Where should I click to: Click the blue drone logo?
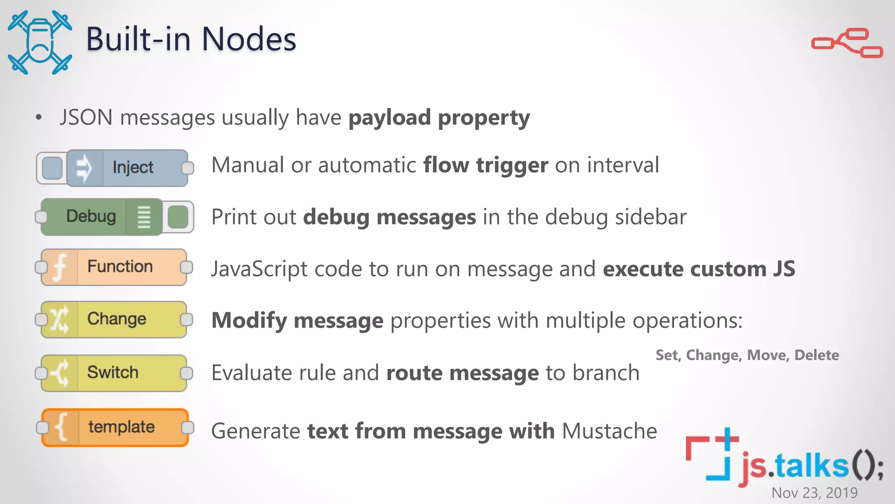pos(40,42)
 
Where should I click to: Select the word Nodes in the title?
pos(249,39)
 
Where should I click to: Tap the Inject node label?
pos(133,168)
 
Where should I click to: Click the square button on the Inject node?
pos(52,168)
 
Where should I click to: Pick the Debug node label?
pos(91,217)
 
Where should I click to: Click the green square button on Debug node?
pos(178,217)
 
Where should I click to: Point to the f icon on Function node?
pos(59,267)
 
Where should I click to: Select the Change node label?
pos(117,319)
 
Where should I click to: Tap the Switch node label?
pos(113,373)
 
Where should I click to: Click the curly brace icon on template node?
pos(62,427)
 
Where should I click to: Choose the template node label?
pos(121,427)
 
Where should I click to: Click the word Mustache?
pos(609,431)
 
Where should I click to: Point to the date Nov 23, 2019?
pos(814,493)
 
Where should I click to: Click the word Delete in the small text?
pos(816,355)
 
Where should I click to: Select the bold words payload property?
pos(439,118)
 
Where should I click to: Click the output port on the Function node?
pos(187,267)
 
